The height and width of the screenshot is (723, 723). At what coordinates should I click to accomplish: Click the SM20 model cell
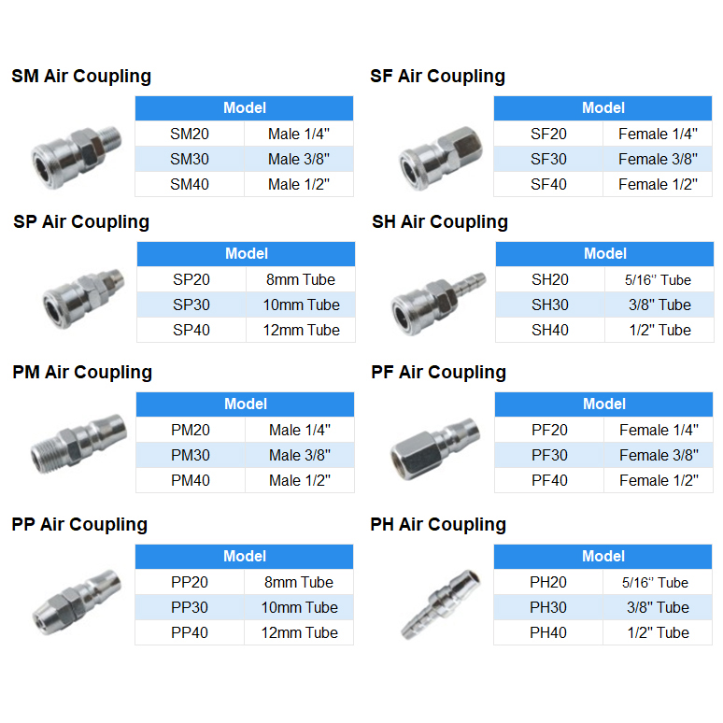[190, 134]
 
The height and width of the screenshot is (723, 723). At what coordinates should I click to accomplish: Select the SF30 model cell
[548, 159]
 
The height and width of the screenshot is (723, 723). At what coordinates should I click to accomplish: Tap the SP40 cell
[191, 330]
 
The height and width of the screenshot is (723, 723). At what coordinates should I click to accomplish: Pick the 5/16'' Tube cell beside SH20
[658, 279]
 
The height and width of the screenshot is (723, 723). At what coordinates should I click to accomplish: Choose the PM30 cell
[191, 455]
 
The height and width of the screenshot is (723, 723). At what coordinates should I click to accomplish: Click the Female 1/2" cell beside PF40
[658, 480]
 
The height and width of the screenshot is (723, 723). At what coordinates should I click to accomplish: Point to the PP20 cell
[190, 582]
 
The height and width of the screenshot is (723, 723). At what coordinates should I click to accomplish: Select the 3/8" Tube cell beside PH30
[658, 607]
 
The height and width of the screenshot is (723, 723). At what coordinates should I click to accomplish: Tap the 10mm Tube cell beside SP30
[300, 305]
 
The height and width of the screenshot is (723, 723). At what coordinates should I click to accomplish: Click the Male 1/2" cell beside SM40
[299, 184]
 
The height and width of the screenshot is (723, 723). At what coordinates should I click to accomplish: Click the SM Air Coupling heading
[81, 77]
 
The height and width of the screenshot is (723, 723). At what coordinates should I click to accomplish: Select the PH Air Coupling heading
[438, 524]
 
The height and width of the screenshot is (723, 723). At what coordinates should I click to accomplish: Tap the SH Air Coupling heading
[440, 222]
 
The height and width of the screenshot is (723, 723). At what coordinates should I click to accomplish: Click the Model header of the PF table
[603, 404]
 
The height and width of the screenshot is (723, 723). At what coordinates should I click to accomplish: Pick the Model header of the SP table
[247, 253]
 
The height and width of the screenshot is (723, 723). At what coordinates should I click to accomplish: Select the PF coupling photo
[435, 447]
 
